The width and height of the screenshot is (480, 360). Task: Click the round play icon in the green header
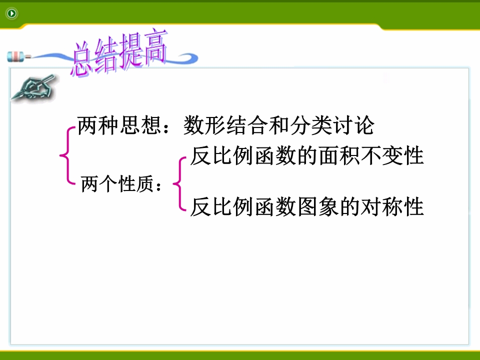(12, 13)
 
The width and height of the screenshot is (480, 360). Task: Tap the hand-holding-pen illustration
(33, 87)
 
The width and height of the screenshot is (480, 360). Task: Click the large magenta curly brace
(67, 155)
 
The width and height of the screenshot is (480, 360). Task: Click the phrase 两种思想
(119, 125)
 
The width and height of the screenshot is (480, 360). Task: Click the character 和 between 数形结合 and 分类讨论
(279, 125)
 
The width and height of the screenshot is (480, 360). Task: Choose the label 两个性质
(117, 183)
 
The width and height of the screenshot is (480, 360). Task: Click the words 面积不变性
(371, 156)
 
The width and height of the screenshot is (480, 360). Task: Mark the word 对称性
(392, 206)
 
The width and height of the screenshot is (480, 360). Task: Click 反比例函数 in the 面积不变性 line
(243, 156)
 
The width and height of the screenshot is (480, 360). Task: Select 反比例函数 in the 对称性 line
(243, 206)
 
